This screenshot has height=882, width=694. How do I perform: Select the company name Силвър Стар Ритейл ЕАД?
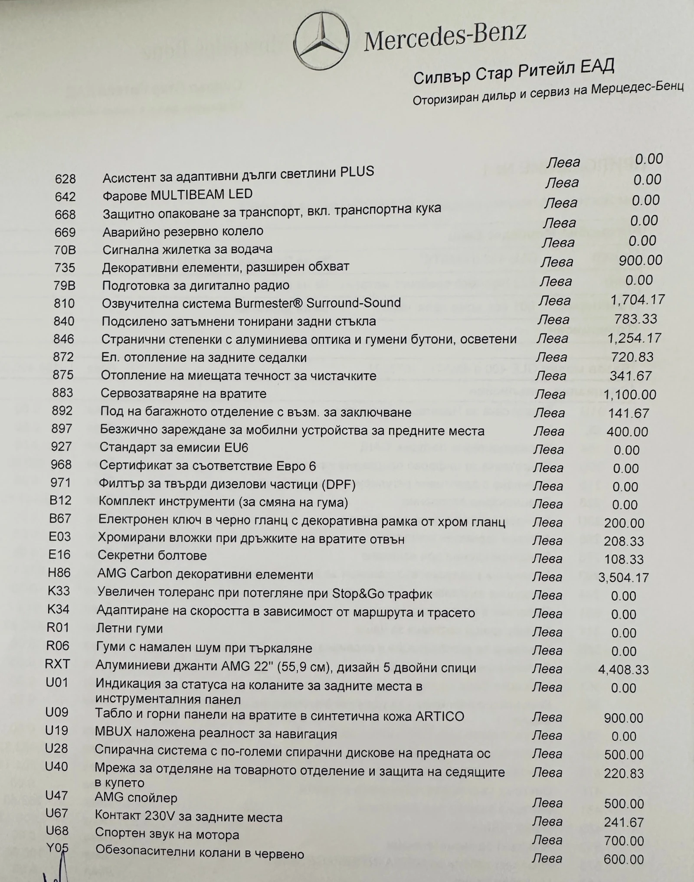pyautogui.click(x=514, y=72)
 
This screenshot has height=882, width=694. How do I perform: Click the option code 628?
pyautogui.click(x=65, y=179)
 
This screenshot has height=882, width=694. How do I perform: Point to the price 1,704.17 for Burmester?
pyautogui.click(x=637, y=300)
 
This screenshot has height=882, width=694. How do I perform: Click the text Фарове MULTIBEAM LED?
pyautogui.click(x=177, y=195)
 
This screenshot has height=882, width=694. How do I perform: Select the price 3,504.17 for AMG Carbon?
pyautogui.click(x=623, y=578)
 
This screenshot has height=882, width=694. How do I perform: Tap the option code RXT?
pyautogui.click(x=57, y=664)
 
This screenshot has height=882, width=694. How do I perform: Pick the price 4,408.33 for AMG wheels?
pyautogui.click(x=623, y=670)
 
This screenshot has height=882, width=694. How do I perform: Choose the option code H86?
pyautogui.click(x=59, y=573)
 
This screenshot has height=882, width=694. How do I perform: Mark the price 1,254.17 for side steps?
pyautogui.click(x=634, y=338)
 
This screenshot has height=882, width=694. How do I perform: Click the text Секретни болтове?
pyautogui.click(x=152, y=555)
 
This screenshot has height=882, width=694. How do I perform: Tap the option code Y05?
pyautogui.click(x=57, y=848)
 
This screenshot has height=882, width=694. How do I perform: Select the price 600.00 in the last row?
pyautogui.click(x=624, y=859)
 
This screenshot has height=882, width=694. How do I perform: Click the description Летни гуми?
pyautogui.click(x=129, y=628)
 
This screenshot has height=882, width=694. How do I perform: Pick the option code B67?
pyautogui.click(x=60, y=519)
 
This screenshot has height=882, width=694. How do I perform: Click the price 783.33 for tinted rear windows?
pyautogui.click(x=635, y=319)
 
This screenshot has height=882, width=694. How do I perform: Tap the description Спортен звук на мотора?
pyautogui.click(x=167, y=835)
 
